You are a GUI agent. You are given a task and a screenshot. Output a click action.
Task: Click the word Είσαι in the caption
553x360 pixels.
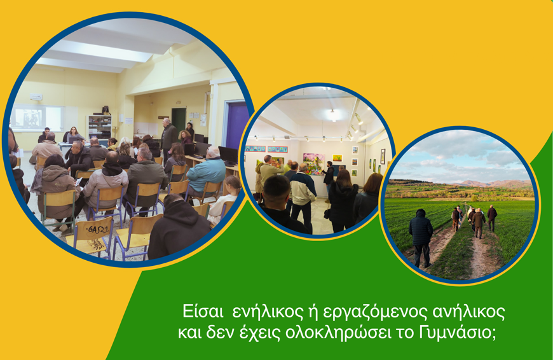click(x=203, y=312)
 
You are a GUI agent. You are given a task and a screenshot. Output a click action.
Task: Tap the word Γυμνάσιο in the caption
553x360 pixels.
click(x=458, y=333)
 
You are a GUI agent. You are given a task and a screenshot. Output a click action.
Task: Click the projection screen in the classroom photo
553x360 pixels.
click(x=37, y=118)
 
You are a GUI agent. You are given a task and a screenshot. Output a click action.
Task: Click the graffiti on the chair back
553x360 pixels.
click(x=97, y=230)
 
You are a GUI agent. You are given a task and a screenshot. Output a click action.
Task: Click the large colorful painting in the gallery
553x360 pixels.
click(x=314, y=163)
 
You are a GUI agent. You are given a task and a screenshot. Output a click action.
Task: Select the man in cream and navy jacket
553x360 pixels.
click(x=303, y=193)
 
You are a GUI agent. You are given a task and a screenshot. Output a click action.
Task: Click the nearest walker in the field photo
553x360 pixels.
click(x=421, y=237)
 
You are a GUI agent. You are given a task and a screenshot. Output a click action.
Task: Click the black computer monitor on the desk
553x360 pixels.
click(x=229, y=155)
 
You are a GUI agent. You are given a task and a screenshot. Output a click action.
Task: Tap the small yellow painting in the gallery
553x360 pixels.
click(x=338, y=158)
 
